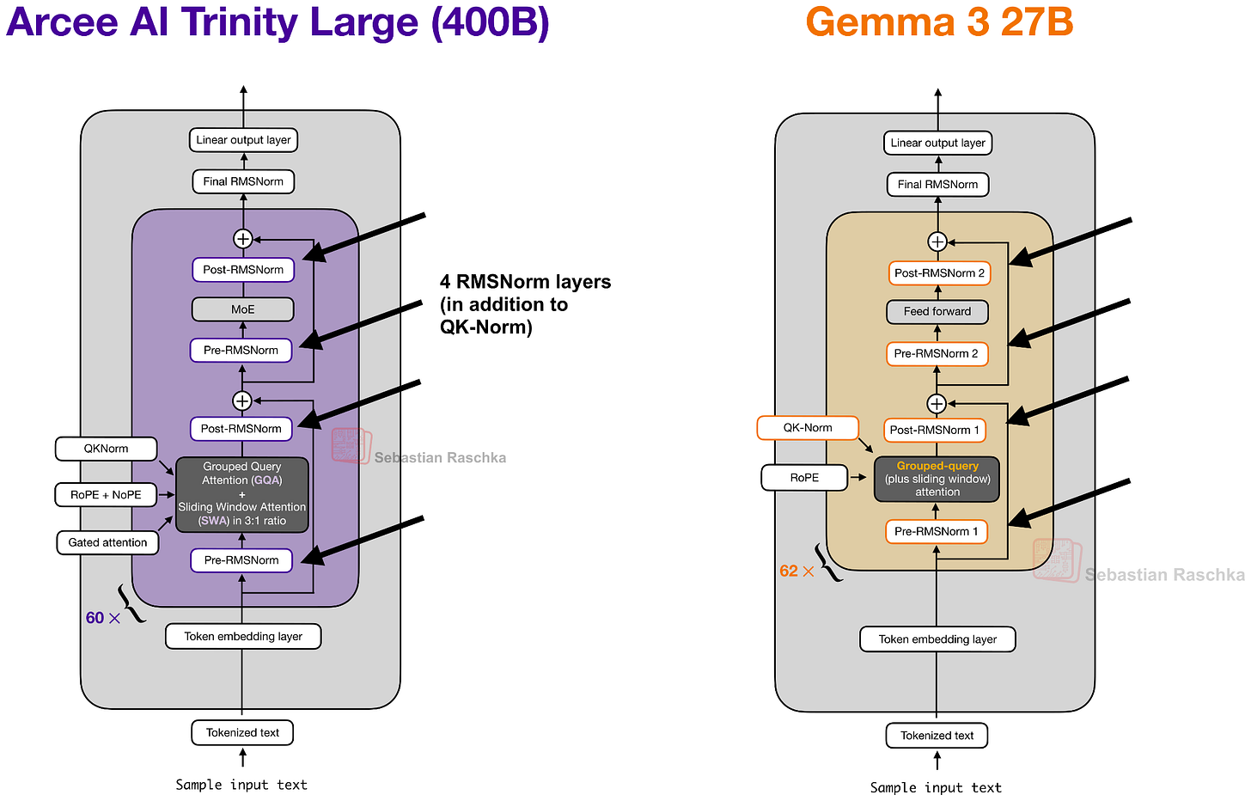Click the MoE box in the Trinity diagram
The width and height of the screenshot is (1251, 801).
pyautogui.click(x=242, y=309)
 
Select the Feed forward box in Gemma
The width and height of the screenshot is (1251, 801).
pyautogui.click(x=937, y=312)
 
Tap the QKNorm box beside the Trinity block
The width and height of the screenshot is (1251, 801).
pyautogui.click(x=106, y=449)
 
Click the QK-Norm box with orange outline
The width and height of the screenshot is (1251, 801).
pyautogui.click(x=807, y=428)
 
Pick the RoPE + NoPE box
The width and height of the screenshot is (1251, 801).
pyautogui.click(x=106, y=495)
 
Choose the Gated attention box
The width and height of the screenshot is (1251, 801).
pyautogui.click(x=107, y=542)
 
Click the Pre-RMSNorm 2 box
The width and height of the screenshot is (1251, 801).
pyautogui.click(x=936, y=354)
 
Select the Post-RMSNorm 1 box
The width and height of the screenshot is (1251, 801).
pyautogui.click(x=934, y=430)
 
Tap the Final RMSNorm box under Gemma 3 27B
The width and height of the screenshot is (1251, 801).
pyautogui.click(x=937, y=185)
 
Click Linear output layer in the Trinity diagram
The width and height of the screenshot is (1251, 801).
pyautogui.click(x=243, y=140)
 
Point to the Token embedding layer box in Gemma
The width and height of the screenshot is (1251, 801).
pyautogui.click(x=937, y=639)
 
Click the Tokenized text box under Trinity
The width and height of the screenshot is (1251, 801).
pyautogui.click(x=242, y=733)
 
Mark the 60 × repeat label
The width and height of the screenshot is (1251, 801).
pyautogui.click(x=102, y=618)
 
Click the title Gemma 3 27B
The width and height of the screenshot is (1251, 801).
pyautogui.click(x=939, y=22)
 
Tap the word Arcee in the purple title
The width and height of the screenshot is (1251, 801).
pyautogui.click(x=61, y=22)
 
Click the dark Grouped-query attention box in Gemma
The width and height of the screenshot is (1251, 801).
pyautogui.click(x=937, y=480)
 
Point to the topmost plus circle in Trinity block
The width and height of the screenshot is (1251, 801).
pyautogui.click(x=243, y=239)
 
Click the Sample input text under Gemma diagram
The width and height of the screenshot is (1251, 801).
pyautogui.click(x=936, y=788)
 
